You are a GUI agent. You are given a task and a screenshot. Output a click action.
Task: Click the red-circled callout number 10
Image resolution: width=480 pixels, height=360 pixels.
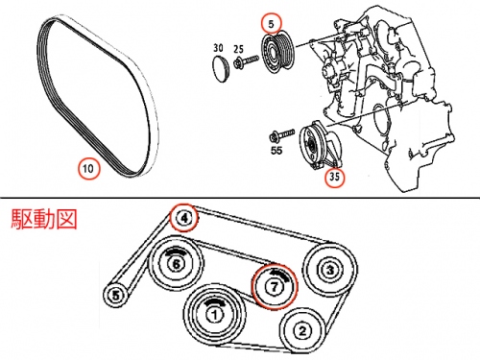point(88,168)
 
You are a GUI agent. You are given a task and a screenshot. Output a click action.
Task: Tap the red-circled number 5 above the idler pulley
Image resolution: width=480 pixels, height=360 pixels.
point(272,24)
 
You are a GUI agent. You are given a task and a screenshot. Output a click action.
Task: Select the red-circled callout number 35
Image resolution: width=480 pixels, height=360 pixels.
point(334,177)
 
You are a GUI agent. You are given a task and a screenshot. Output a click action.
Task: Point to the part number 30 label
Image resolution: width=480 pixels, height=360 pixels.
point(218,48)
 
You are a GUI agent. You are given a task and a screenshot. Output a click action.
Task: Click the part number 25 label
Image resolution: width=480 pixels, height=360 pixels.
point(238,49)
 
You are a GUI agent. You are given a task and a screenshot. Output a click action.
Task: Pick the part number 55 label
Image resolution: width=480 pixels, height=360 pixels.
point(276,150)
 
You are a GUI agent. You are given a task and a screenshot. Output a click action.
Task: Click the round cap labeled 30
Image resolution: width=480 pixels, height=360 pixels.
point(221,69)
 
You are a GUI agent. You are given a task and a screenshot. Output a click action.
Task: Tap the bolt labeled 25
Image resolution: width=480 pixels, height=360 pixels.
point(246,61)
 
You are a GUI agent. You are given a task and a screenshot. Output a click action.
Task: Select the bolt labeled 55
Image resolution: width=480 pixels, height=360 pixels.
point(281,135)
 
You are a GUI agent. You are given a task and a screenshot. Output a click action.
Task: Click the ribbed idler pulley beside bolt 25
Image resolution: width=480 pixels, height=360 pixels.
point(277,53)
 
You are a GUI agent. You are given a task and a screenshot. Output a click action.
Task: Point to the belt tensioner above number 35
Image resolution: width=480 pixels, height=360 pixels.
point(321,145)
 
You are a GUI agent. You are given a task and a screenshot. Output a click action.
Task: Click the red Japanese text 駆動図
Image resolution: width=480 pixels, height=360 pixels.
point(44,219)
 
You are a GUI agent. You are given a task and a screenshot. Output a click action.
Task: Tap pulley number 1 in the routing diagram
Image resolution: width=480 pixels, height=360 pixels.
point(215,315)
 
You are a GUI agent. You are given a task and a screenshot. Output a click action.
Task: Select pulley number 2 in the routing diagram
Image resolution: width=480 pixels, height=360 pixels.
point(303,330)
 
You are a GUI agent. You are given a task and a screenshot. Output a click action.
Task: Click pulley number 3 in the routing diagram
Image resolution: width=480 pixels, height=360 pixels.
point(330,270)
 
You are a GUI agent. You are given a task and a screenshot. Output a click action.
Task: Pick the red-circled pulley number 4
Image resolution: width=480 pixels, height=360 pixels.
point(183,218)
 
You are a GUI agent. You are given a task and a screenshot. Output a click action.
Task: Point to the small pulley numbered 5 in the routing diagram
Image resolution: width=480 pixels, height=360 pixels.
point(116,295)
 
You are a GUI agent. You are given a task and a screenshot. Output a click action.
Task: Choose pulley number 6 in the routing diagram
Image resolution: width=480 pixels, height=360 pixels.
point(177,264)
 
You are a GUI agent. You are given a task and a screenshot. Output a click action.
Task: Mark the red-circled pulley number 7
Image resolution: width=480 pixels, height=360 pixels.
point(275,287)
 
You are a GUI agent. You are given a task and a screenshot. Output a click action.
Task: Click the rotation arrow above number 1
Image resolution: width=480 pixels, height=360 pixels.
point(215,302)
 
